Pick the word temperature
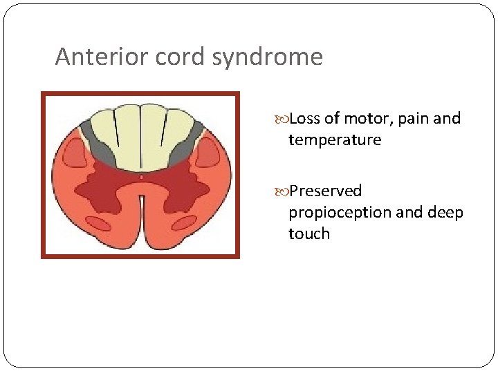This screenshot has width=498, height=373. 335,140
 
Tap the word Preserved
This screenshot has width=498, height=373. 325,191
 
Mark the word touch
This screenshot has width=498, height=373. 309,233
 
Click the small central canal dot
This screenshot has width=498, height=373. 141,178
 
